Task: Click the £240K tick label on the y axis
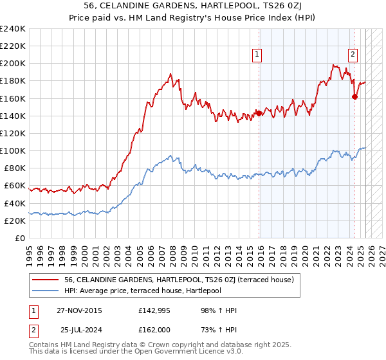[x=12, y=29]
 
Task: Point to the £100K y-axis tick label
[x=12, y=150]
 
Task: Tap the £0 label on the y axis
[x=20, y=238]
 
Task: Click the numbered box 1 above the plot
[x=257, y=55]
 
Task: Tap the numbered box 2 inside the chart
[x=353, y=55]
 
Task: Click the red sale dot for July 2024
[x=354, y=97]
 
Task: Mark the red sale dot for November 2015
[x=259, y=113]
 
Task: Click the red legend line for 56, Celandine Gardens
[x=46, y=280]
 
